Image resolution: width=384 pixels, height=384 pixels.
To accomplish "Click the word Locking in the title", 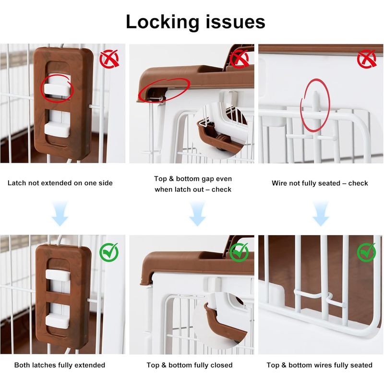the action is tap(162, 23).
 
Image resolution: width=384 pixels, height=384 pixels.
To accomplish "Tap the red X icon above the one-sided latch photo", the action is tap(109, 59).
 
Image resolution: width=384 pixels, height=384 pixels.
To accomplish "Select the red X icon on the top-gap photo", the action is tap(239, 59).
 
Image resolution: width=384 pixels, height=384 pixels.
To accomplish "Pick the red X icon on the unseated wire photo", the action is tap(366, 59).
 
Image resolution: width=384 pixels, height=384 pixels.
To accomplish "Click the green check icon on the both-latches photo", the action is tap(109, 252).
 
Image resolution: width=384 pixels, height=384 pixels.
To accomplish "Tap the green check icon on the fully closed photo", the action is tap(239, 252).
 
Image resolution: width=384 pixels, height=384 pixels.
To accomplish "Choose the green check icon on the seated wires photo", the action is tap(366, 252).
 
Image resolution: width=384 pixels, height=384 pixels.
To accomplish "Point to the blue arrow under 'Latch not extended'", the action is tap(60, 214).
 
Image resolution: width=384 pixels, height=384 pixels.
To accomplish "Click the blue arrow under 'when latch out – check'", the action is tap(197, 214).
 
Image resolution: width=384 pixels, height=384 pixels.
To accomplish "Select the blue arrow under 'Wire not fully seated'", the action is tap(321, 214).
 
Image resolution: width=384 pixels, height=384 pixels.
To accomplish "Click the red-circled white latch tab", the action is tap(57, 89).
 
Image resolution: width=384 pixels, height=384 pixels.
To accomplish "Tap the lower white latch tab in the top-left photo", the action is tap(57, 130).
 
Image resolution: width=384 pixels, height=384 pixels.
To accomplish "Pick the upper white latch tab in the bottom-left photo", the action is tap(58, 275).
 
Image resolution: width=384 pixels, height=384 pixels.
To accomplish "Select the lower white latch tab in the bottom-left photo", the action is tap(58, 321).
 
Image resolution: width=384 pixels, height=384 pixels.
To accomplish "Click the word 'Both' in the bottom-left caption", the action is tap(22, 365).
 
